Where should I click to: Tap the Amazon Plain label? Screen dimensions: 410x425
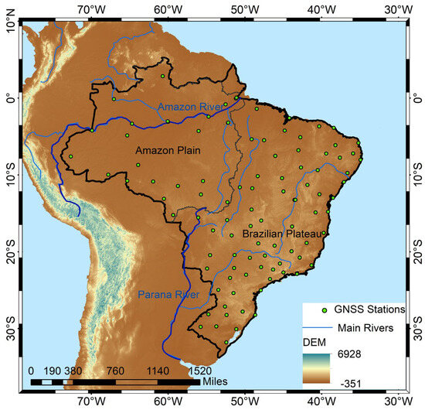(167, 149)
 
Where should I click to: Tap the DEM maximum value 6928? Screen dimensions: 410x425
(353, 354)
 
